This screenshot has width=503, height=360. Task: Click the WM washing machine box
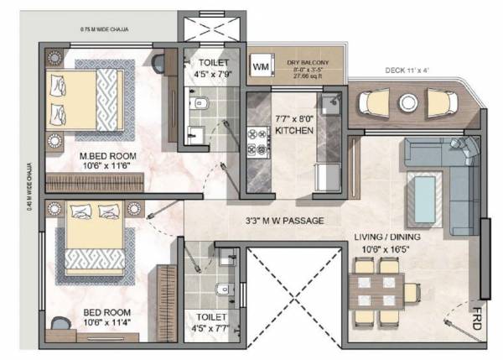coord(260,65)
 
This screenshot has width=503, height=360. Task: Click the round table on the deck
coord(408,102)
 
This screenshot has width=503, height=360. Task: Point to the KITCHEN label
coord(293,132)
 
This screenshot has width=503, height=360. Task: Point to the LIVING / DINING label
coord(386,237)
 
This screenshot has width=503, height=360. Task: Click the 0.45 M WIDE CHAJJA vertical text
coord(30,194)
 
